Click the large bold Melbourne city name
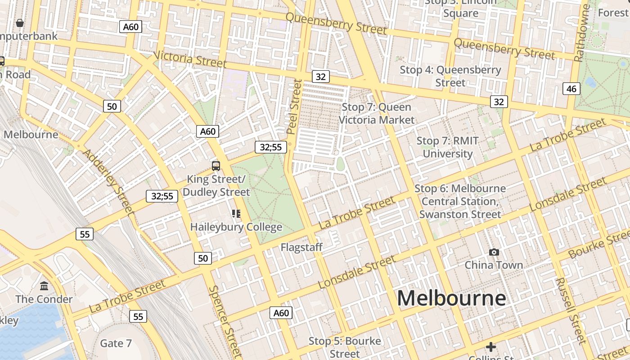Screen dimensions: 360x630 pos(451,298)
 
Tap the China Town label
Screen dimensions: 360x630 pos(494,265)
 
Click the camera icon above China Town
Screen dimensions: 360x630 pos(494,252)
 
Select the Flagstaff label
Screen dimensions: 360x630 pos(301,247)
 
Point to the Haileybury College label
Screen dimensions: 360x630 pos(236,227)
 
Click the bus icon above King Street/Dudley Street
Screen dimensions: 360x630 pos(216,166)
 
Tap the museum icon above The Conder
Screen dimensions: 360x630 pos(44,286)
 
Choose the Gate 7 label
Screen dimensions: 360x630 pos(116,343)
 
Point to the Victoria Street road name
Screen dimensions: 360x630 pos(190,59)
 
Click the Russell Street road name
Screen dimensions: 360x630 pos(571,310)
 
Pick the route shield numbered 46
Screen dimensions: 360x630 pos(571,89)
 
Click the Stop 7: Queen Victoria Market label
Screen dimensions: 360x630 pos(376,113)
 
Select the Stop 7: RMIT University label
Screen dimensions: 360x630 pos(447,147)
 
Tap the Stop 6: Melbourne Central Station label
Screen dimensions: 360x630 pos(460,201)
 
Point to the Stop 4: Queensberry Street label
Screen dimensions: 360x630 pos(450,76)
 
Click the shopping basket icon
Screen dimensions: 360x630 pos(20,22)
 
